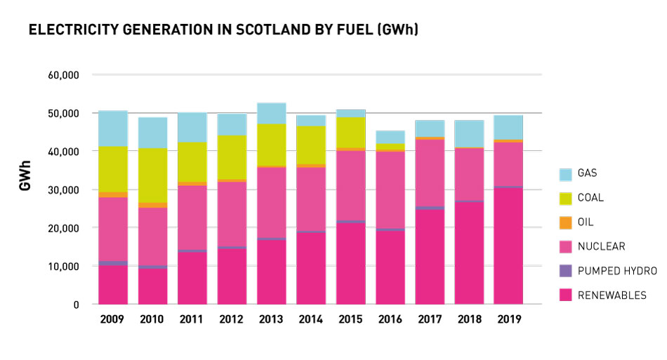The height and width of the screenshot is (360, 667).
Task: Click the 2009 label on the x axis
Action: coord(112,319)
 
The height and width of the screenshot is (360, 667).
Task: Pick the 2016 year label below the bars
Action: coord(390,319)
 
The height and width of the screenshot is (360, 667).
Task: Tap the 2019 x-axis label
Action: coord(508,319)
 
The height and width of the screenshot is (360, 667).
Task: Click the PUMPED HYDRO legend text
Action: coord(617,271)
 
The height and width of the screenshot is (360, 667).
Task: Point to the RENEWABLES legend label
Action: coord(612,295)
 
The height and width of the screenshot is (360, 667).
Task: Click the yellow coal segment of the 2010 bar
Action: coord(152,175)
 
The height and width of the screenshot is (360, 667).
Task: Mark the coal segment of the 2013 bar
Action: coord(271,145)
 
